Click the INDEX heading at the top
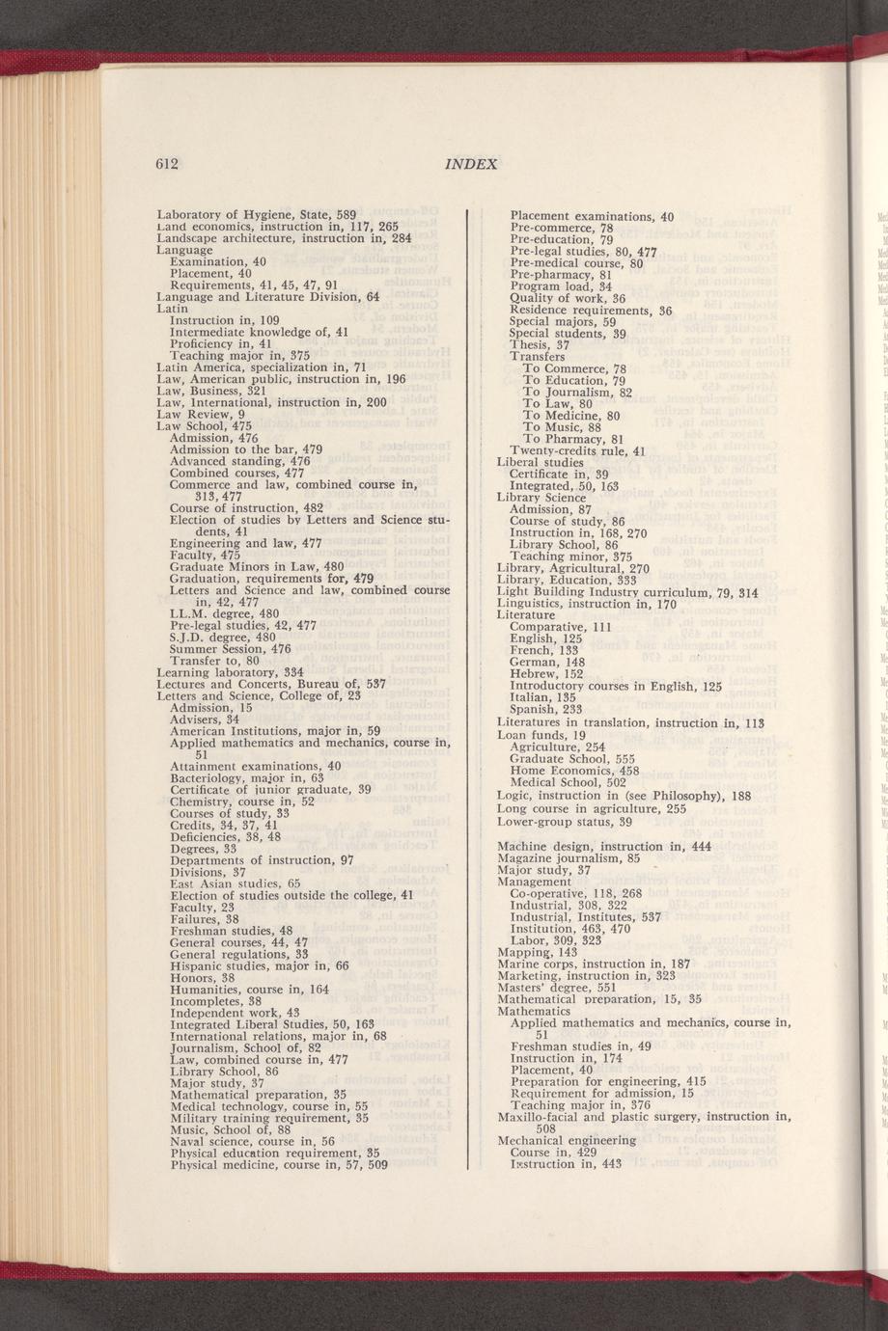[x=471, y=164]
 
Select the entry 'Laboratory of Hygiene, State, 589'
[x=257, y=214]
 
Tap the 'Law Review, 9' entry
[x=200, y=414]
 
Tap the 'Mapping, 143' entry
[x=537, y=951]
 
